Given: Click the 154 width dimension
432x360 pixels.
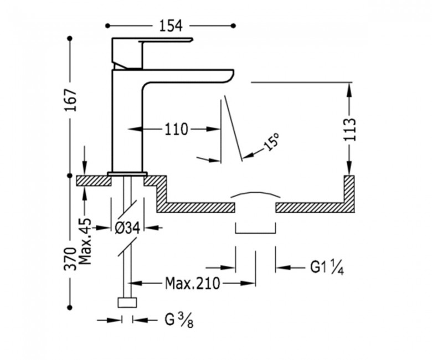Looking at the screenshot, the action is [x=171, y=26].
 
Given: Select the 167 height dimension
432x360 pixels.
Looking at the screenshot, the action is [x=70, y=100].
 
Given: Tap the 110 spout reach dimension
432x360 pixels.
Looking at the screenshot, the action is [x=176, y=129].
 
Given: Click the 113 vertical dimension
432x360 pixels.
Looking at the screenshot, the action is [x=349, y=130].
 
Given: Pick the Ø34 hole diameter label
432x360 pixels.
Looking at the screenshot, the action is [x=128, y=228].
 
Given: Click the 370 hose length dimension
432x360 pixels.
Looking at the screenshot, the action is [x=70, y=259].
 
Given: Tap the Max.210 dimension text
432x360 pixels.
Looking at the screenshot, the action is [x=193, y=283].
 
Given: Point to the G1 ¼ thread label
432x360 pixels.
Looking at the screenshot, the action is [x=327, y=267].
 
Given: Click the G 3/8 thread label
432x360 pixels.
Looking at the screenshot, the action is [x=179, y=320].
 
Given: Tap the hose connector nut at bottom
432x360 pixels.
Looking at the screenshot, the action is [x=127, y=302].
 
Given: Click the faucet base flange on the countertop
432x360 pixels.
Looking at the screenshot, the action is [x=127, y=173].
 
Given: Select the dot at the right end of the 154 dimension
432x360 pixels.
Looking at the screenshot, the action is [x=233, y=26].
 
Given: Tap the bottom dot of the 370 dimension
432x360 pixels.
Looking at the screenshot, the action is [x=70, y=307].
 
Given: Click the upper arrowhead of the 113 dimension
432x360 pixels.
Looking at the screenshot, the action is [x=349, y=89].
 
